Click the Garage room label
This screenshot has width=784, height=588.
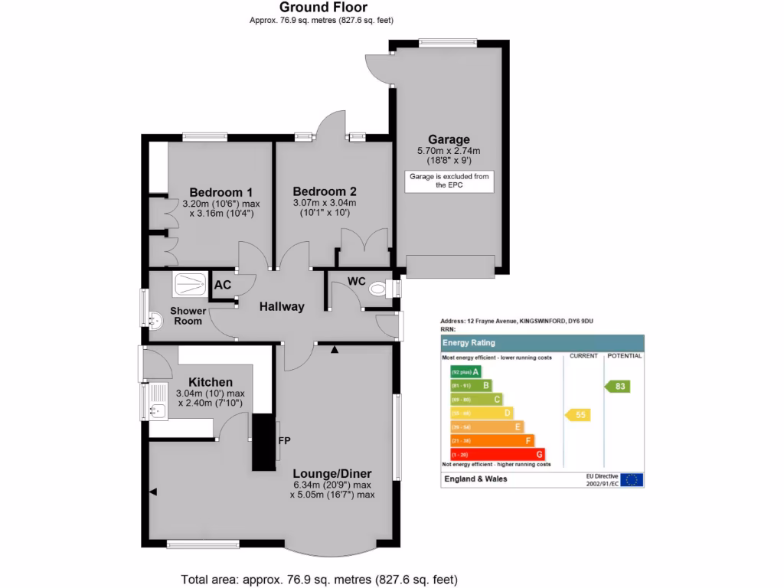(x=449, y=139)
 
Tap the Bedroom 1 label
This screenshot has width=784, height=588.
(x=221, y=191)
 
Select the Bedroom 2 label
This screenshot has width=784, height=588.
(x=324, y=191)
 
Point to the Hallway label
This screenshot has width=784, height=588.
(x=281, y=306)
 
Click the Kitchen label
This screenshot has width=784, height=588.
(x=211, y=382)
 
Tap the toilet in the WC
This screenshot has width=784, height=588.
(x=378, y=289)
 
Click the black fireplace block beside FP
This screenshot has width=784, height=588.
(x=263, y=442)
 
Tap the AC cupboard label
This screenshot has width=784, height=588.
(x=223, y=285)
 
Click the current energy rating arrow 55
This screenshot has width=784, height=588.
(x=579, y=414)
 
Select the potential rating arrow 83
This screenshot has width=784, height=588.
(x=619, y=387)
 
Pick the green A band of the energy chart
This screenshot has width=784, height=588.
(x=465, y=372)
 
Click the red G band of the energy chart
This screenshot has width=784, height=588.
(x=497, y=455)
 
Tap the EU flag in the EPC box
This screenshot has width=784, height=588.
(x=632, y=480)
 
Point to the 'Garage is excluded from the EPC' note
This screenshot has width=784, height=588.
(x=449, y=181)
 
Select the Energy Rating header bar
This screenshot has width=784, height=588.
(x=542, y=343)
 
